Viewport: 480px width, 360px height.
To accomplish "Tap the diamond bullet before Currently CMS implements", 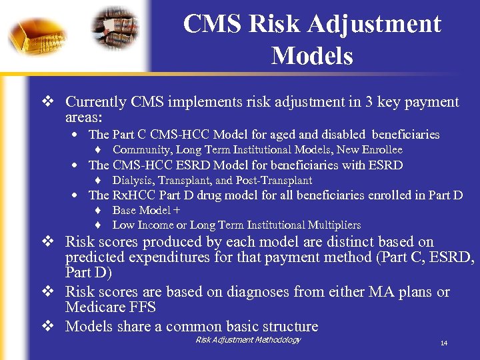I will (x=47, y=102).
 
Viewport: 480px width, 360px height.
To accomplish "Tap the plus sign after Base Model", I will (x=177, y=210).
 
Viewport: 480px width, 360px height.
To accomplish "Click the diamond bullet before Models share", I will (x=47, y=327).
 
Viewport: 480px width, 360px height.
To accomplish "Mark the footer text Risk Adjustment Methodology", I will (x=248, y=340).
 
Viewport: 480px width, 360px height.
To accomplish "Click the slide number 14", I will (x=443, y=343).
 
